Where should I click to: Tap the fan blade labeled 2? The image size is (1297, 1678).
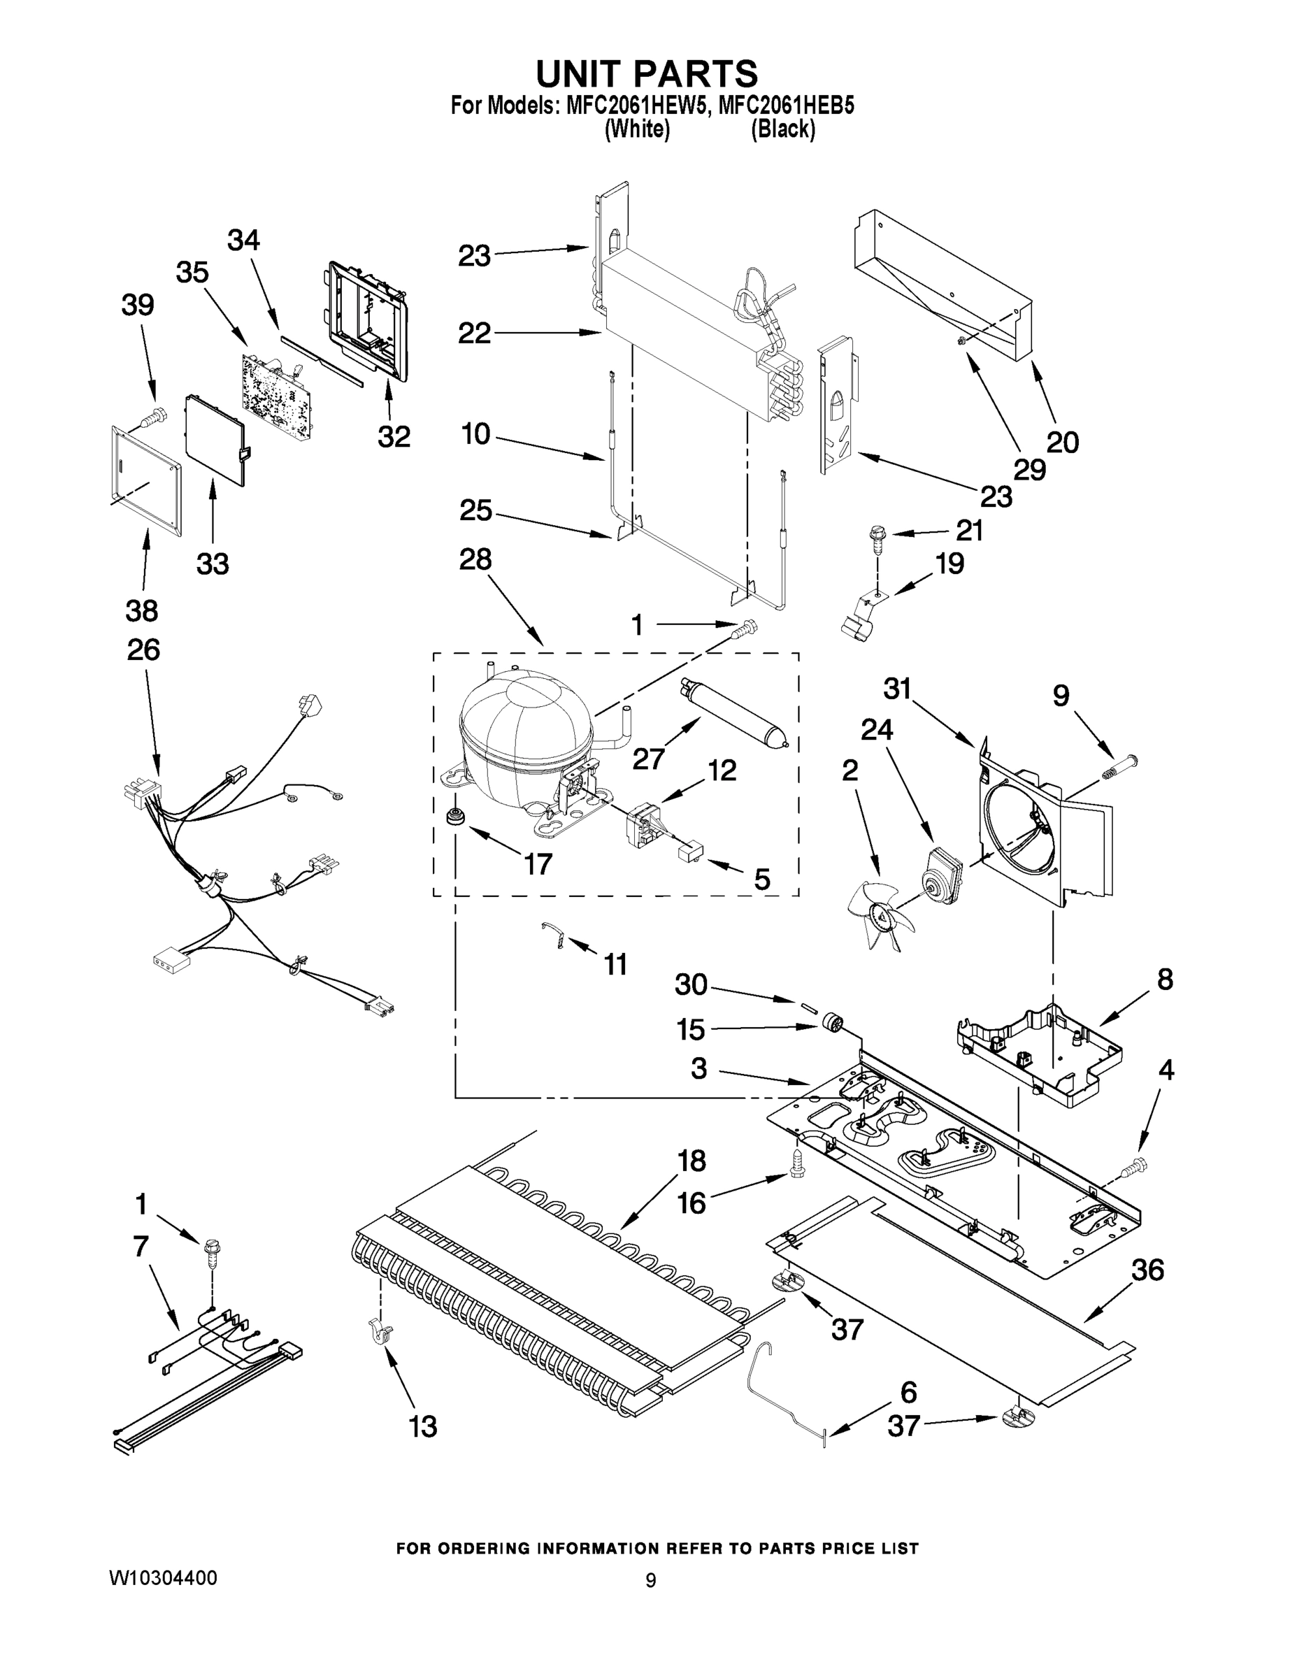point(880,915)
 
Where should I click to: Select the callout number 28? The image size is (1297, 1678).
point(475,559)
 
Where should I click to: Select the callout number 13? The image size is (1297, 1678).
point(422,1427)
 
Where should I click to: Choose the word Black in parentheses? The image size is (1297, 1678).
point(782,129)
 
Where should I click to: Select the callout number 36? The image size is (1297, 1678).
point(1147,1270)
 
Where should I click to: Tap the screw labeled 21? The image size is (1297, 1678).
point(876,536)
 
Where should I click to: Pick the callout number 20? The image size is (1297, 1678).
point(1062,442)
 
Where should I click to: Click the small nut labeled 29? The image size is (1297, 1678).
point(962,340)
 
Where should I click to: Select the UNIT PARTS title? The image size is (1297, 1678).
point(647,73)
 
